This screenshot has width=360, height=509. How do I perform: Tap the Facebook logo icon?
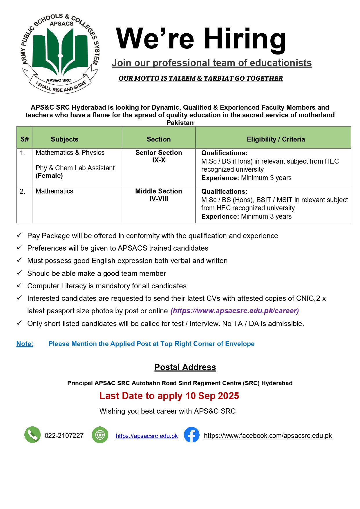point(191,435)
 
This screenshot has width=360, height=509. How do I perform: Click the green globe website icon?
point(100,435)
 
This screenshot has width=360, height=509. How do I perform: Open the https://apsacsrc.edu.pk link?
point(146,436)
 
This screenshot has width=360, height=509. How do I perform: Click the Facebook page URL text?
point(267,436)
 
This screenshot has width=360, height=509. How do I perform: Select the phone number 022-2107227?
point(64,436)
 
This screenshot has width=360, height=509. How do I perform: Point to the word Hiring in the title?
point(245,39)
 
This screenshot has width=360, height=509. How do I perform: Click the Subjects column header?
point(64,139)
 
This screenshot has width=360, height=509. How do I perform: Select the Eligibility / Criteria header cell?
point(276,139)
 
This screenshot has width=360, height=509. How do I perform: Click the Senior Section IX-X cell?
point(159,156)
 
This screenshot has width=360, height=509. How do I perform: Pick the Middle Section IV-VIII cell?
point(159,195)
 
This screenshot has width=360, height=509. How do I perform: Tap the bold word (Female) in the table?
point(49,176)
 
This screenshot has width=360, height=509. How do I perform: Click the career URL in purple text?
point(234,311)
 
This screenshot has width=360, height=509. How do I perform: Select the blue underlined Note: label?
point(25,344)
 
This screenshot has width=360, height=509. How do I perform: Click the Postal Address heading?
point(185,367)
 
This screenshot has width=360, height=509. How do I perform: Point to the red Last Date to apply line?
point(169,396)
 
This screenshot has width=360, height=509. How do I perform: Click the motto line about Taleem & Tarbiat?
point(200,79)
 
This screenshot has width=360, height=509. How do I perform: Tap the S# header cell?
point(24,139)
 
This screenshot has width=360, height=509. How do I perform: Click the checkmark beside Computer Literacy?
point(19,285)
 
